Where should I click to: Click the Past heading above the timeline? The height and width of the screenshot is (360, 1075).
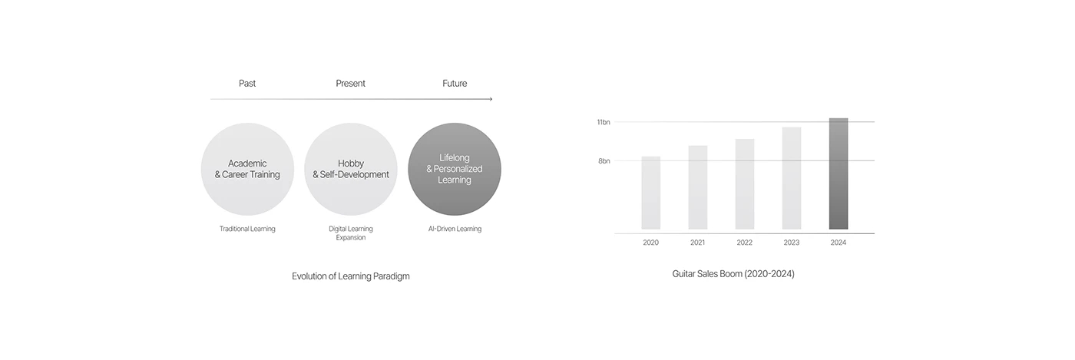tap(247, 83)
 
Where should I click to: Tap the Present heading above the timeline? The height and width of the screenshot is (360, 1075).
tap(351, 83)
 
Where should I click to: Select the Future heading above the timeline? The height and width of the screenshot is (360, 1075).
tap(455, 83)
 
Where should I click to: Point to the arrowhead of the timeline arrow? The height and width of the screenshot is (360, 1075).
tap(490, 99)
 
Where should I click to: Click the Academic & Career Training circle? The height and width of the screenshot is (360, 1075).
tap(247, 169)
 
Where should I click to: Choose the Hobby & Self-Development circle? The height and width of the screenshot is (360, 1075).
tap(351, 169)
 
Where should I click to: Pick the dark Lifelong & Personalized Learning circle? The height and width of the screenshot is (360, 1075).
tap(455, 169)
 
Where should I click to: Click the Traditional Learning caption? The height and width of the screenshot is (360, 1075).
tap(247, 229)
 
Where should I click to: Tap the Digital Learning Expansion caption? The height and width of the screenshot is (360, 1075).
tap(351, 233)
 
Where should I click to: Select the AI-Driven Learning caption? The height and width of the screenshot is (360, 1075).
tap(455, 229)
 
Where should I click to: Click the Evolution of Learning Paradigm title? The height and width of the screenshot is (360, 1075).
tap(351, 276)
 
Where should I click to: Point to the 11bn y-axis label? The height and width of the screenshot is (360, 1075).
tap(604, 122)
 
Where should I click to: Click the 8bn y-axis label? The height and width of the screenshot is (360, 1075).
tap(604, 161)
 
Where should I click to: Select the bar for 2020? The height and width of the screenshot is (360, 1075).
tap(651, 193)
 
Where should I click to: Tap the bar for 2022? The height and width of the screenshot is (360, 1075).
tap(745, 184)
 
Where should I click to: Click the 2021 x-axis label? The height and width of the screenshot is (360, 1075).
tap(698, 243)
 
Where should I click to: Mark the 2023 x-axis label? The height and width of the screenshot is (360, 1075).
tap(792, 243)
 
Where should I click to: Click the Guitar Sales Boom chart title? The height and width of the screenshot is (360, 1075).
tap(733, 274)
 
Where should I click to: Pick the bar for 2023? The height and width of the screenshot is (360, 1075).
tap(792, 178)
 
